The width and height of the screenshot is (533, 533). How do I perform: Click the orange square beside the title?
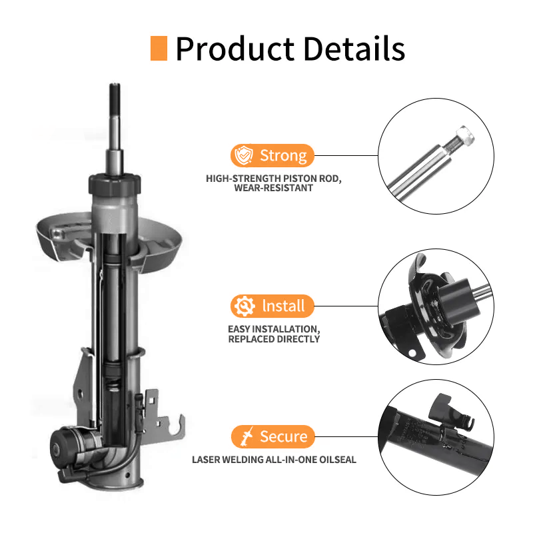click(x=159, y=49)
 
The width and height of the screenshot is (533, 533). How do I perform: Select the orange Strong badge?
click(x=272, y=156)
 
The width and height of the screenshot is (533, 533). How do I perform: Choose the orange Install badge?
click(x=272, y=306)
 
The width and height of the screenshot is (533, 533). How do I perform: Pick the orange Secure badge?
click(x=272, y=437)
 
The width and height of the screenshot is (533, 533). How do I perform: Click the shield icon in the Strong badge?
click(x=245, y=156)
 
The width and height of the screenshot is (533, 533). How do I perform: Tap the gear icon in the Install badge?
click(x=245, y=306)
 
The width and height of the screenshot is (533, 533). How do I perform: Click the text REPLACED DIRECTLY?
click(x=274, y=339)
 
